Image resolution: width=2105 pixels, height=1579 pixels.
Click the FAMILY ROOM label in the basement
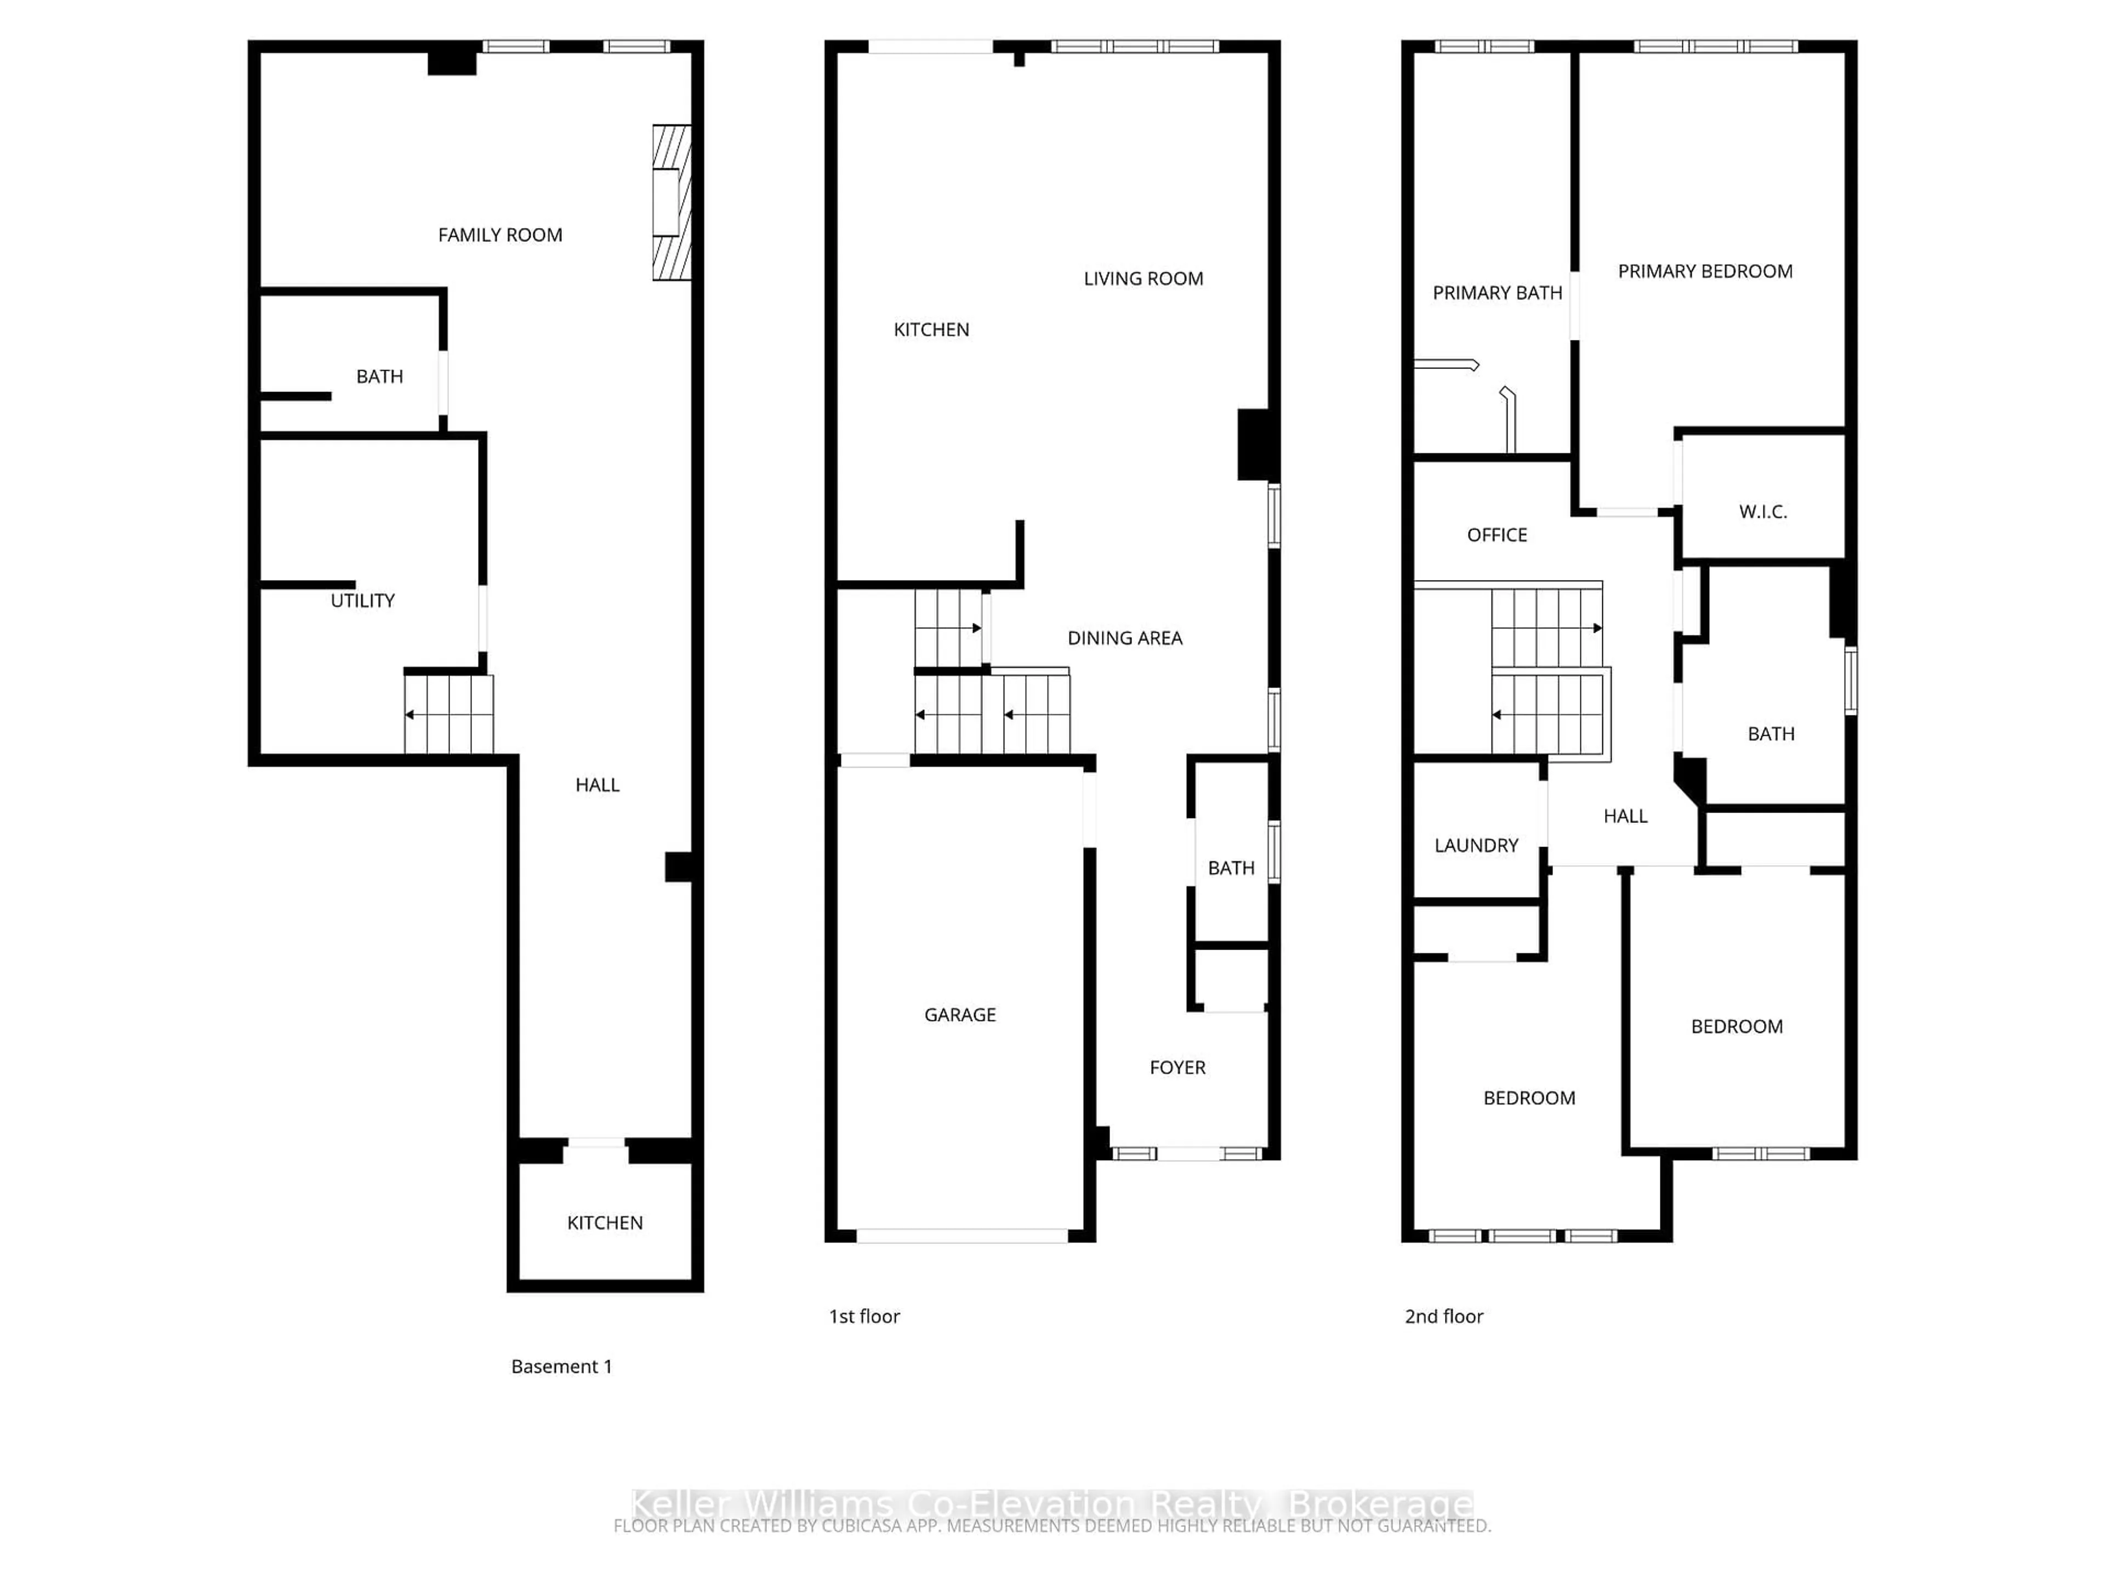[499, 235]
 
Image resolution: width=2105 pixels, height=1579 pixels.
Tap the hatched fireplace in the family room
[671, 203]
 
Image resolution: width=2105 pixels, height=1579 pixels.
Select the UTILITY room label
[362, 600]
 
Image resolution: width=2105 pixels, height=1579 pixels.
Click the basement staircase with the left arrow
[448, 714]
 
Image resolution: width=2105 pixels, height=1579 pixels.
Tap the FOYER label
[1177, 1068]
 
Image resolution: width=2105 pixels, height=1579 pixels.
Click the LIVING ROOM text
[1143, 279]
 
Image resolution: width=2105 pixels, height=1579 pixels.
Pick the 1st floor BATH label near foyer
[1231, 868]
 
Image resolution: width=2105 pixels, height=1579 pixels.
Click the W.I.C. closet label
[1762, 512]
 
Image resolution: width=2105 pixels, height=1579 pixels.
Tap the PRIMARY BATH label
[1497, 293]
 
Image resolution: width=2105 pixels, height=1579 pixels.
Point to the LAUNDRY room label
[1476, 845]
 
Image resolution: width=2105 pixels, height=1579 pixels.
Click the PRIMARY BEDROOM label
[1704, 271]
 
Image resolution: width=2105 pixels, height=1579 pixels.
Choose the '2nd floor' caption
[1443, 1316]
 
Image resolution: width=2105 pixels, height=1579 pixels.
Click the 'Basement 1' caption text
[561, 1367]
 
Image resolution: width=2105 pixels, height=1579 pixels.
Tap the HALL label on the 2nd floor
[1624, 816]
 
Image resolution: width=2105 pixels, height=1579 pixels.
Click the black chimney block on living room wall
[1253, 445]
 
